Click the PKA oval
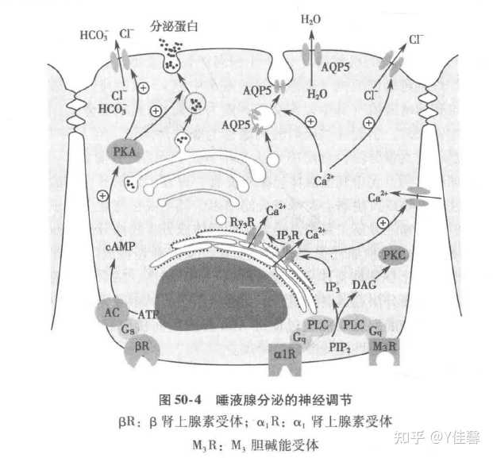pos(125,151)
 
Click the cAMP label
pos(118,247)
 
